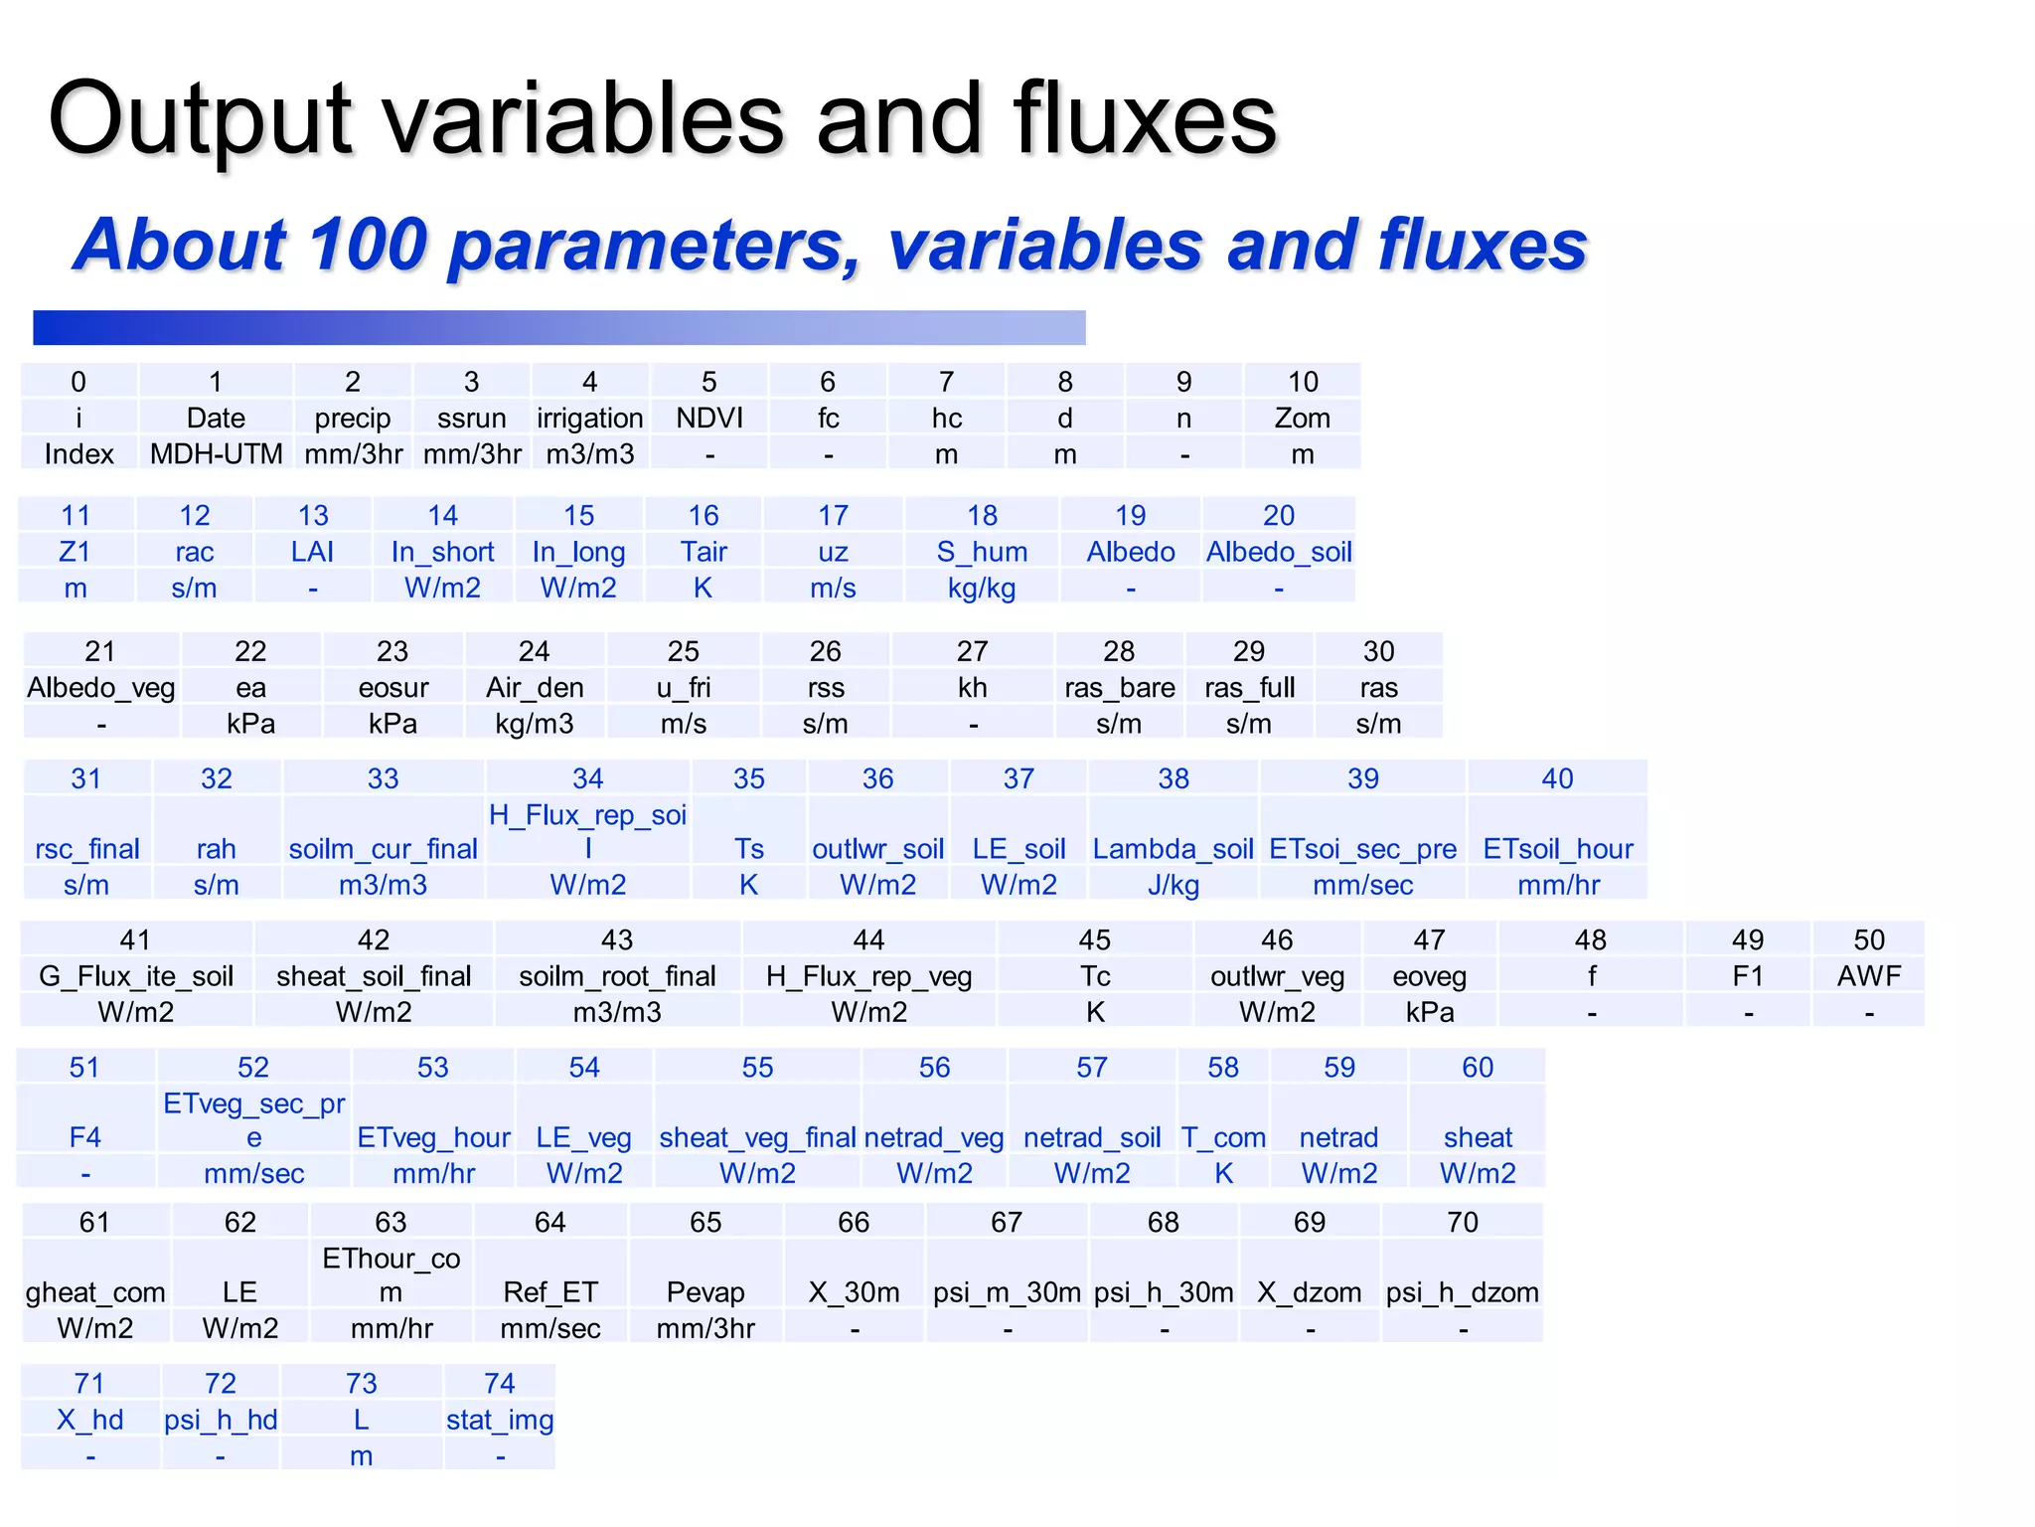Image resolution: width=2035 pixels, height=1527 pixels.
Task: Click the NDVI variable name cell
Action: pyautogui.click(x=709, y=418)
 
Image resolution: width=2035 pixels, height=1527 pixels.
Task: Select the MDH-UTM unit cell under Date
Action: pyautogui.click(x=216, y=454)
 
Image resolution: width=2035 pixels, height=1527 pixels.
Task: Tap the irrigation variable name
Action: pyautogui.click(x=590, y=418)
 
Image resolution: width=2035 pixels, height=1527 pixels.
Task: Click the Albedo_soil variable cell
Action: pyautogui.click(x=1279, y=552)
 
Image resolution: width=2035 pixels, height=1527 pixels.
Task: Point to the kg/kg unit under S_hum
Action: pyautogui.click(x=982, y=589)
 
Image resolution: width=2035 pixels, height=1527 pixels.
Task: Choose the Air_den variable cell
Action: pyautogui.click(x=535, y=688)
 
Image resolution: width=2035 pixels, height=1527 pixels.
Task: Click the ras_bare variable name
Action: pyautogui.click(x=1119, y=688)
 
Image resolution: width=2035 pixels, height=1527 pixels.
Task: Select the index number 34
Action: pyautogui.click(x=587, y=778)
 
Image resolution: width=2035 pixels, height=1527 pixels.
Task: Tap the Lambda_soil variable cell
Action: pyautogui.click(x=1174, y=849)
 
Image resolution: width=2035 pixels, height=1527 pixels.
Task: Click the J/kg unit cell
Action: pyautogui.click(x=1174, y=885)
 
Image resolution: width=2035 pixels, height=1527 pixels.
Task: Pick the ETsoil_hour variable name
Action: pyautogui.click(x=1558, y=849)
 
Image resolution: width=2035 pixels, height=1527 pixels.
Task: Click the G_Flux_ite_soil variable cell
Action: pyautogui.click(x=136, y=976)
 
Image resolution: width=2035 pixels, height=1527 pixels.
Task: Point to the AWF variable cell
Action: pyautogui.click(x=1869, y=976)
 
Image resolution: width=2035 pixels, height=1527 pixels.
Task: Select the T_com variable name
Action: pyautogui.click(x=1223, y=1137)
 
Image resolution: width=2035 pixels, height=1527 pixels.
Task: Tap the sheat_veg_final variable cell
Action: pyautogui.click(x=757, y=1137)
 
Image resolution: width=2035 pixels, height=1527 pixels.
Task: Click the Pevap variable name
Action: pyautogui.click(x=705, y=1292)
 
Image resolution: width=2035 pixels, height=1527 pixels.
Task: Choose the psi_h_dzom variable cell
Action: pyautogui.click(x=1463, y=1292)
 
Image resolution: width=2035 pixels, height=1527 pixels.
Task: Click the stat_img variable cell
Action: pyautogui.click(x=500, y=1420)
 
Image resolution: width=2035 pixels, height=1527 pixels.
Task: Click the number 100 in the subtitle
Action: pyautogui.click(x=368, y=245)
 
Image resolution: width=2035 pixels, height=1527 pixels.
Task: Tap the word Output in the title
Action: pyautogui.click(x=200, y=119)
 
